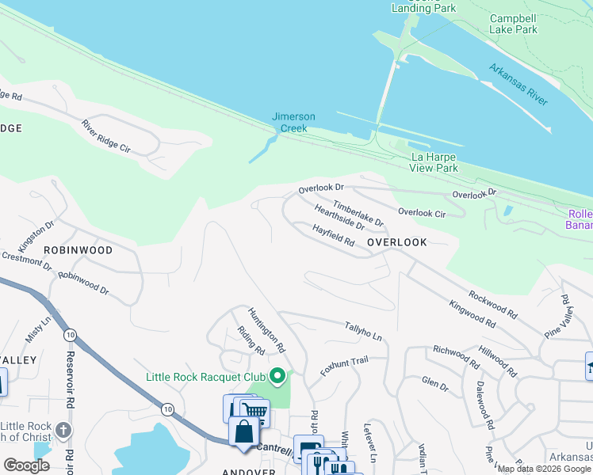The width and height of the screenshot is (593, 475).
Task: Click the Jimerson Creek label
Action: pyautogui.click(x=293, y=122)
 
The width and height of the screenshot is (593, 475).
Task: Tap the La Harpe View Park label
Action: pyautogui.click(x=434, y=162)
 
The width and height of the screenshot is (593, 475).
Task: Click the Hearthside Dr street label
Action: pyautogui.click(x=339, y=218)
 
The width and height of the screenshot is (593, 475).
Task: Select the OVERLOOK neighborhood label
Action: pyautogui.click(x=397, y=242)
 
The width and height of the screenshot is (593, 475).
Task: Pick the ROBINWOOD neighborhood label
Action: pyautogui.click(x=78, y=249)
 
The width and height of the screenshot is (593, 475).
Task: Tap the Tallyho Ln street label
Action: pyautogui.click(x=363, y=332)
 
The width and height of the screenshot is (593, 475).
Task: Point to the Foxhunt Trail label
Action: pyautogui.click(x=345, y=365)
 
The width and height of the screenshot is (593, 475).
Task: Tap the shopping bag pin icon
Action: pyautogui.click(x=243, y=432)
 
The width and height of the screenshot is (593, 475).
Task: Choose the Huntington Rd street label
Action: pyautogui.click(x=266, y=329)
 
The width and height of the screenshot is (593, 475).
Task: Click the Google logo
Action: pyautogui.click(x=26, y=465)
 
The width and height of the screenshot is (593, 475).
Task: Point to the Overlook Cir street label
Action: pyautogui.click(x=422, y=213)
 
